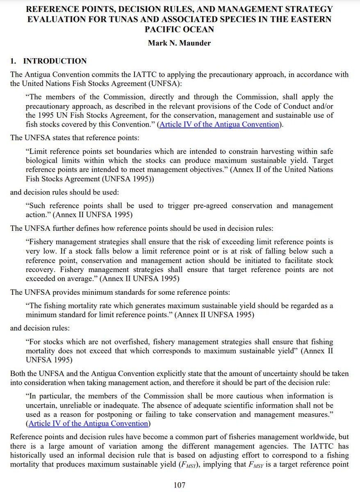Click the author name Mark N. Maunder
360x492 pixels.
pyautogui.click(x=180, y=43)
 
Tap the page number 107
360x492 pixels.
pyautogui.click(x=180, y=485)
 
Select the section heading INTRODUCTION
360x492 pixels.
pyautogui.click(x=55, y=61)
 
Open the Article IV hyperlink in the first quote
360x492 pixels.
pyautogui.click(x=219, y=124)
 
